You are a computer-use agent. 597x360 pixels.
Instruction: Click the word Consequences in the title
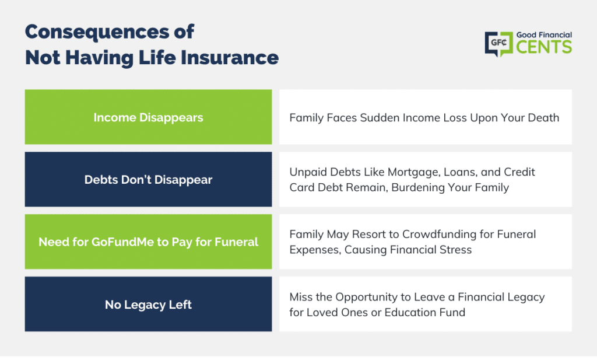tap(97, 33)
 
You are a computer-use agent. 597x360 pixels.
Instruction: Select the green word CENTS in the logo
tap(544, 47)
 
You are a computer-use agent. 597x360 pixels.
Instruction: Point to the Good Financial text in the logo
tap(544, 35)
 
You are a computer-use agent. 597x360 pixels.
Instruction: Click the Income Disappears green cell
tap(149, 117)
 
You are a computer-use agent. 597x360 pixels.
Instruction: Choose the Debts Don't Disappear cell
tap(149, 180)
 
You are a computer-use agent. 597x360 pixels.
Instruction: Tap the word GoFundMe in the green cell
tap(122, 242)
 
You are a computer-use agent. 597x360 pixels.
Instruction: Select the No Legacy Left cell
tap(149, 304)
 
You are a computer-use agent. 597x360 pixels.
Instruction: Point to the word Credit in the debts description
tap(519, 172)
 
